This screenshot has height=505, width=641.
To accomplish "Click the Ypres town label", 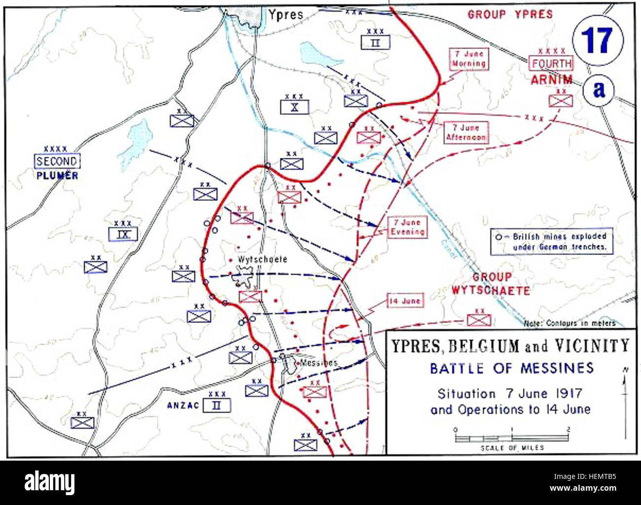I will (x=285, y=14).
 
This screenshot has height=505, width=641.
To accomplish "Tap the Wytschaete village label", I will (x=262, y=259).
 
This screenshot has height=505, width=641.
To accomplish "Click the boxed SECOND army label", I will (x=57, y=161).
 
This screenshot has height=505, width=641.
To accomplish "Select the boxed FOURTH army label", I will (x=551, y=64).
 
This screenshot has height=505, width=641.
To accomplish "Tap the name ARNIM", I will (x=552, y=79).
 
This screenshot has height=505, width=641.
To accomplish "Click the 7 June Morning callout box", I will (x=468, y=59).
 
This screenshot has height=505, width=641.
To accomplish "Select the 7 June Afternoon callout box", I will (x=465, y=133).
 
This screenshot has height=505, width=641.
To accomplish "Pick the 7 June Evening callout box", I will (x=407, y=227).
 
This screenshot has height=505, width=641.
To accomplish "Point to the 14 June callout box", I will (x=404, y=301).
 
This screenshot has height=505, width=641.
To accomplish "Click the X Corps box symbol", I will (x=294, y=107).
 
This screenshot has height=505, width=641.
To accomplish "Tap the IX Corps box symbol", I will (x=123, y=234).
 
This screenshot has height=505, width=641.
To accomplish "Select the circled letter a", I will (x=599, y=90).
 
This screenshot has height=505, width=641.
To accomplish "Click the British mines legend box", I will (x=552, y=241).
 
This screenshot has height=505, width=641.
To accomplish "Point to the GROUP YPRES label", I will (x=510, y=14).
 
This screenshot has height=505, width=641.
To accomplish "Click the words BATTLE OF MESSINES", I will (x=512, y=368).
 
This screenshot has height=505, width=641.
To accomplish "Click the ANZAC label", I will (x=186, y=405).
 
